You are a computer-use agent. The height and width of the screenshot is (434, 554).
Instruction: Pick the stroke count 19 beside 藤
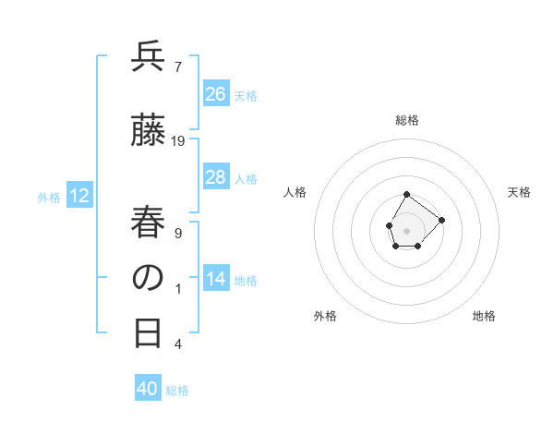click(x=178, y=141)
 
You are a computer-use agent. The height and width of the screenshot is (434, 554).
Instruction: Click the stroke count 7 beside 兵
click(x=177, y=66)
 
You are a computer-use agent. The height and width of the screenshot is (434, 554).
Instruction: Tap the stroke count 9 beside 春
click(x=177, y=233)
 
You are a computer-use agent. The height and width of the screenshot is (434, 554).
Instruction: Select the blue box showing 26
click(x=216, y=94)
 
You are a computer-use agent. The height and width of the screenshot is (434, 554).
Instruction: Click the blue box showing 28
click(x=216, y=177)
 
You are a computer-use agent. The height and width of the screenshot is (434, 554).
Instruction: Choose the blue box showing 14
click(x=216, y=279)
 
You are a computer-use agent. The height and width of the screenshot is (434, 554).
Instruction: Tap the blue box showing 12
click(x=79, y=196)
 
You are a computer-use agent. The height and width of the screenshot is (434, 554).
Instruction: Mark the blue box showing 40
click(x=148, y=390)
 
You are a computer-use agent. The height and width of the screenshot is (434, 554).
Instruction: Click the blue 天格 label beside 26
click(x=246, y=95)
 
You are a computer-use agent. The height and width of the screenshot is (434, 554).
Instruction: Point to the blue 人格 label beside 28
click(x=246, y=178)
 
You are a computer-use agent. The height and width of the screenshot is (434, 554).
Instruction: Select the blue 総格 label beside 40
click(x=177, y=391)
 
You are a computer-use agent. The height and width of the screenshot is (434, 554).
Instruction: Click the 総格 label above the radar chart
click(x=407, y=120)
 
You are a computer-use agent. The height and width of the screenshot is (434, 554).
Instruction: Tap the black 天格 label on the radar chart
click(x=520, y=192)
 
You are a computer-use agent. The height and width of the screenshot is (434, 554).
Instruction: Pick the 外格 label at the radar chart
click(x=325, y=317)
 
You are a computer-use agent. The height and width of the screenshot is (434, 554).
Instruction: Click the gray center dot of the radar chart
click(x=407, y=229)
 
